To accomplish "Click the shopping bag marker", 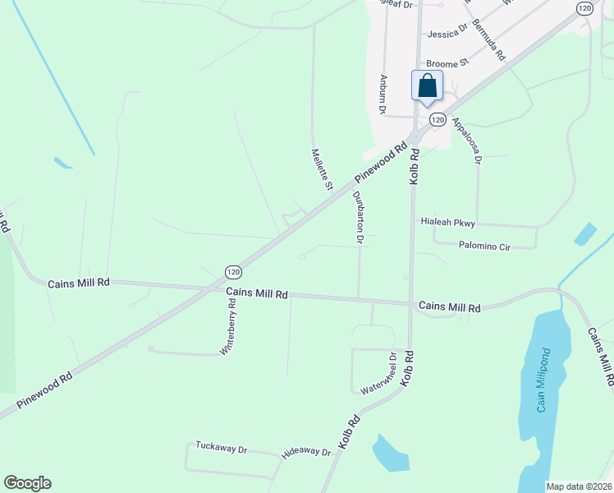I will (x=427, y=86).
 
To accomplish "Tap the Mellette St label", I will (x=321, y=169).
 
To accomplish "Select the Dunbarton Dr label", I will (x=358, y=218).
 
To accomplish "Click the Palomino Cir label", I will (x=484, y=245).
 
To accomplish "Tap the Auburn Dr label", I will (x=383, y=94).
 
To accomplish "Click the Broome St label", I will (x=446, y=62).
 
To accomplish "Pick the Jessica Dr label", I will (x=447, y=32).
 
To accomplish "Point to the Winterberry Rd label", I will (x=229, y=326).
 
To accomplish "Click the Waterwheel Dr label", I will (x=380, y=374).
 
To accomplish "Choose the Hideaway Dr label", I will (x=305, y=453).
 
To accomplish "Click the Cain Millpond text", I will (x=542, y=385).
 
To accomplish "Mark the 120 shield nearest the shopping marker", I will (x=438, y=120).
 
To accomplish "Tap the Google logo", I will (x=27, y=483).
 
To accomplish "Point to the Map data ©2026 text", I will (x=579, y=486).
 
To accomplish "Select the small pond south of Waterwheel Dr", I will (x=389, y=454).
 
